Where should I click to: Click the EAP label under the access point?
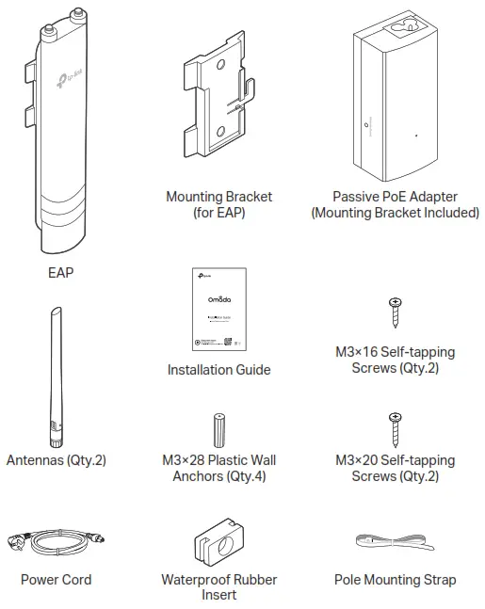tap(59, 274)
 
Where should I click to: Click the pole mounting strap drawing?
tap(395, 543)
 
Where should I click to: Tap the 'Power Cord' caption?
tap(57, 580)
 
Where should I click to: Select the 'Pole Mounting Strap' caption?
tap(395, 580)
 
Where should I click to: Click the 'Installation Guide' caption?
tap(218, 370)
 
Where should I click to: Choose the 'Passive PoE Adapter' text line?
tap(395, 198)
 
